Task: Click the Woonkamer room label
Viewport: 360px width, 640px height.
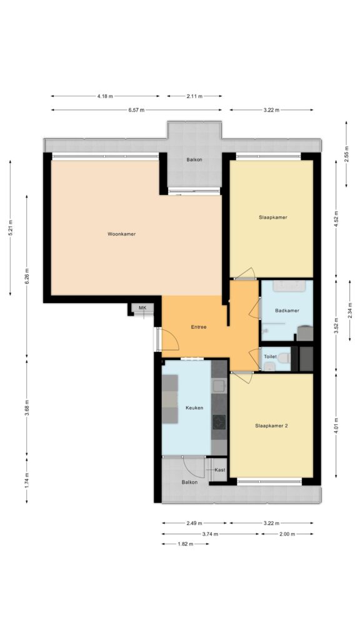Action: tap(121, 234)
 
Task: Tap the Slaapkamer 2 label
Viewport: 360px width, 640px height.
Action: tap(271, 426)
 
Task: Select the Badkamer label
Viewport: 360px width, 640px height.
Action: tap(287, 311)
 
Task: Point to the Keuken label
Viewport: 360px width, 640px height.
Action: tap(194, 407)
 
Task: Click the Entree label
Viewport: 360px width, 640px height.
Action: tap(199, 327)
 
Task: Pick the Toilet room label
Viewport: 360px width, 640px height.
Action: tap(270, 357)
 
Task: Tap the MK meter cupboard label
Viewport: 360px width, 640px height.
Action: tap(142, 307)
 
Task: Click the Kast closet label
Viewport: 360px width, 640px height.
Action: tap(219, 470)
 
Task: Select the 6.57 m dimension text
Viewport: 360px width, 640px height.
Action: tap(136, 110)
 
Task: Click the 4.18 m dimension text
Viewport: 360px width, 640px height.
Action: tap(105, 96)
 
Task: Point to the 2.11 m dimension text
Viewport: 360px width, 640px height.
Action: tap(194, 96)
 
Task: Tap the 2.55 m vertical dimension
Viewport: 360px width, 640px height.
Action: tap(346, 154)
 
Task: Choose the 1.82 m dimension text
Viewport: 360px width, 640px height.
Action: tap(185, 544)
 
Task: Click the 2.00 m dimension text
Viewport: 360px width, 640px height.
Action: tap(287, 534)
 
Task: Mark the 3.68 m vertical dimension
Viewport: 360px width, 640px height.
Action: tap(27, 408)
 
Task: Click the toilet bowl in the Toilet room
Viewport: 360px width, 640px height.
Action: tap(284, 359)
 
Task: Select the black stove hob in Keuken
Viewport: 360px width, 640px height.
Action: tap(219, 422)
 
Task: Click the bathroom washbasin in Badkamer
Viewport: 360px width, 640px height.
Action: tap(289, 286)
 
